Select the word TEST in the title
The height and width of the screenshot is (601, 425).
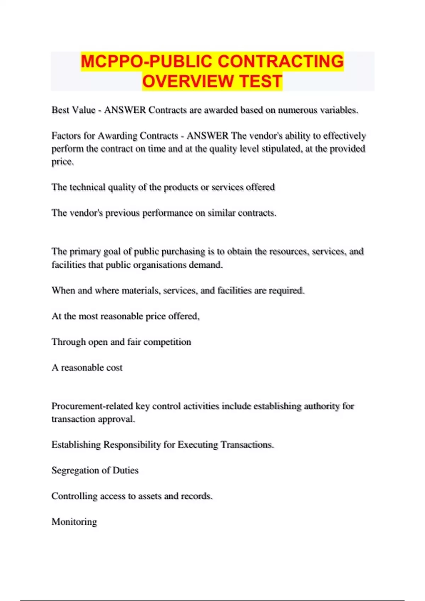tap(261, 81)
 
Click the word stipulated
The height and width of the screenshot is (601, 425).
tap(280, 149)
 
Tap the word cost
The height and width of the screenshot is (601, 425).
tap(114, 368)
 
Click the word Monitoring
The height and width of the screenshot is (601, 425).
tap(74, 522)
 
